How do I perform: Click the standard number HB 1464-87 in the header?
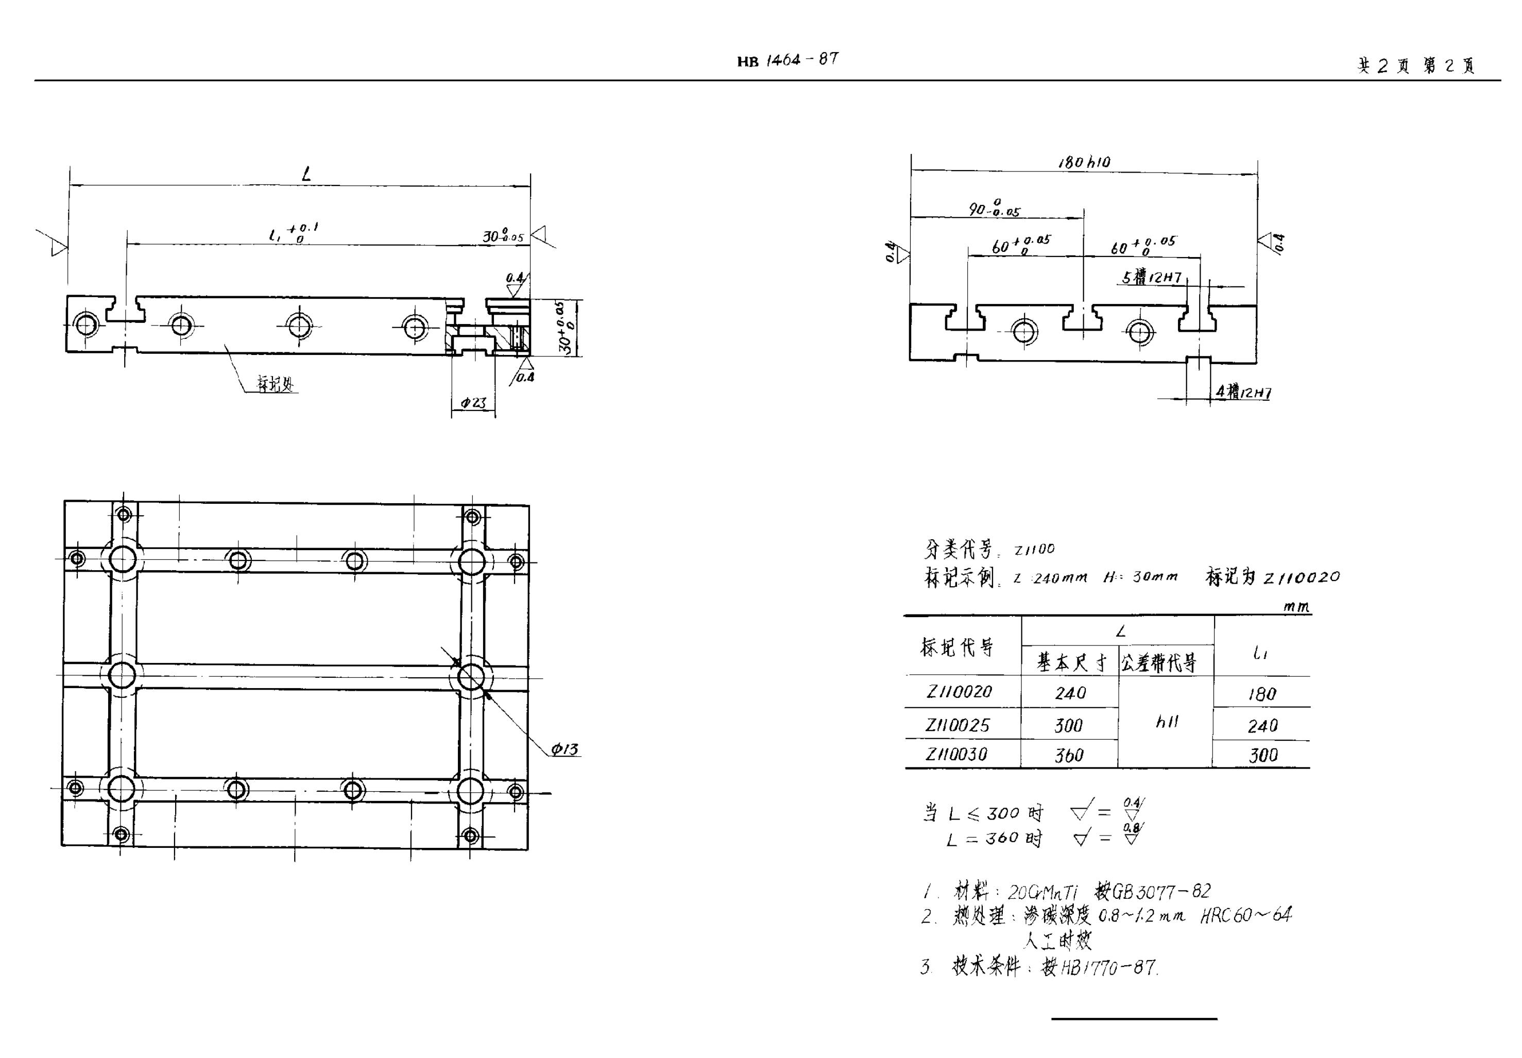click(788, 60)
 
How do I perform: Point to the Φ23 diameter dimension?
click(473, 402)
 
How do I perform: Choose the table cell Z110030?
click(956, 755)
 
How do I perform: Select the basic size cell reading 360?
click(1069, 756)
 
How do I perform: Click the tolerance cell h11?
click(1167, 722)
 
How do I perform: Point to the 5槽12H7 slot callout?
click(1152, 278)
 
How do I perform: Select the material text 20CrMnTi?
click(1042, 892)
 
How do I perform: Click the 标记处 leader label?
click(275, 384)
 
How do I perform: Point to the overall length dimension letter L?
click(306, 174)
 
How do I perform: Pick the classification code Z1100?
click(1034, 550)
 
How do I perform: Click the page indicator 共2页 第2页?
click(1416, 65)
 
